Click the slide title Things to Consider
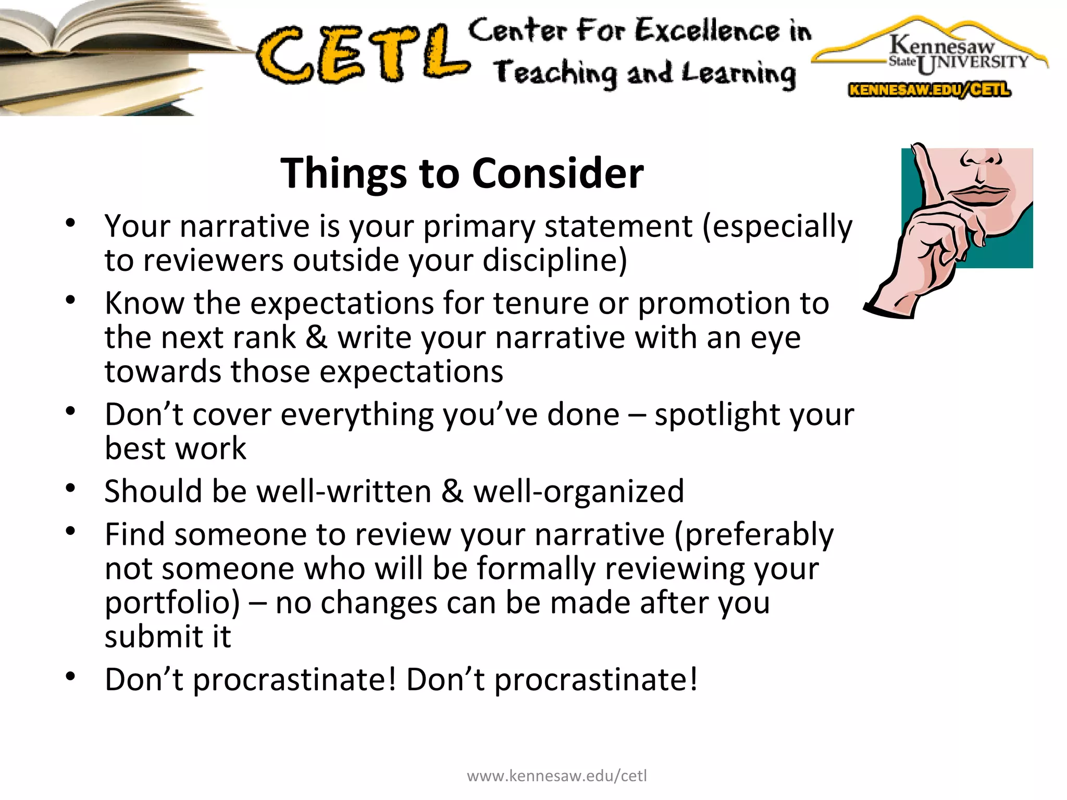click(x=462, y=173)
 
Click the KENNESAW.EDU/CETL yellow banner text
click(x=929, y=90)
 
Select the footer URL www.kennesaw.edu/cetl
click(x=556, y=776)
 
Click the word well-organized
click(x=578, y=492)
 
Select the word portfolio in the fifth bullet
click(x=172, y=603)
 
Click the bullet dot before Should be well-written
click(x=71, y=489)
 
